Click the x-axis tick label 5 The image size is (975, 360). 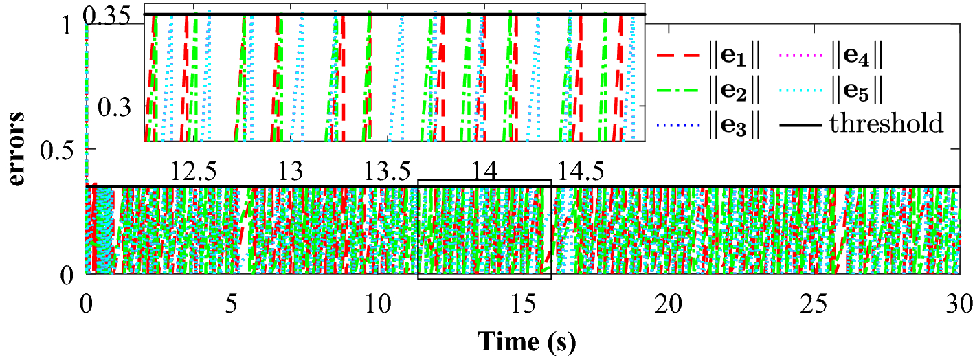pyautogui.click(x=232, y=302)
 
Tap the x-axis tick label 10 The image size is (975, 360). pyautogui.click(x=377, y=302)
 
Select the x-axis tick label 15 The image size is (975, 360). pyautogui.click(x=522, y=302)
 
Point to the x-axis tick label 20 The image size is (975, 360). pyautogui.click(x=668, y=302)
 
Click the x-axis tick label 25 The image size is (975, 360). pyautogui.click(x=814, y=302)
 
